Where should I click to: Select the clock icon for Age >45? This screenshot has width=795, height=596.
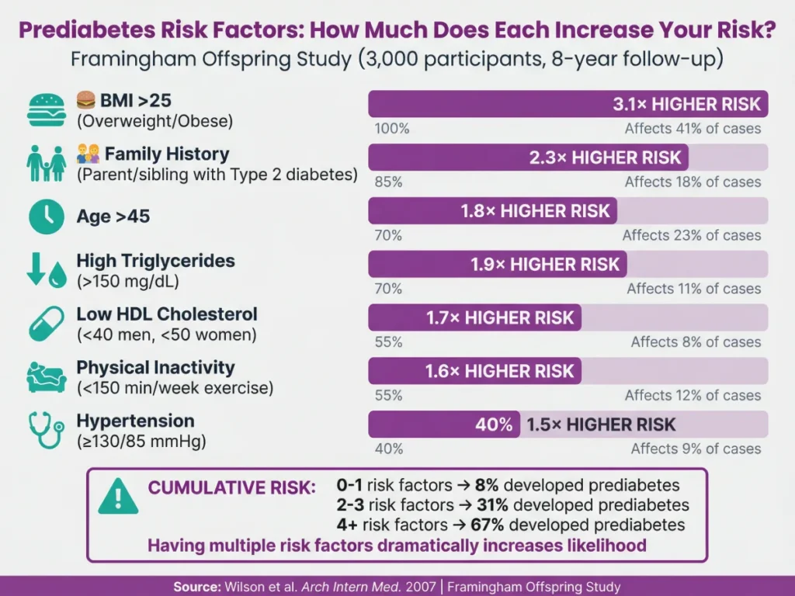pyautogui.click(x=46, y=217)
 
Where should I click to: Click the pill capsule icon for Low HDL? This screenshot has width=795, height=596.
pyautogui.click(x=46, y=324)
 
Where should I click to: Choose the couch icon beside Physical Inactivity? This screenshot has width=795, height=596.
pyautogui.click(x=46, y=376)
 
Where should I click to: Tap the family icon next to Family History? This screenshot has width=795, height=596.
pyautogui.click(x=46, y=163)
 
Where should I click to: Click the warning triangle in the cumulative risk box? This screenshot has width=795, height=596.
pyautogui.click(x=118, y=497)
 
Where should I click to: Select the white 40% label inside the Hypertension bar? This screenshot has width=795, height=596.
pyautogui.click(x=494, y=424)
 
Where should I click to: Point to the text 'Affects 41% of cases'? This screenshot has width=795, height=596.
pyautogui.click(x=693, y=129)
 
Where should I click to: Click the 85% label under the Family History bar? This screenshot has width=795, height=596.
pyautogui.click(x=388, y=182)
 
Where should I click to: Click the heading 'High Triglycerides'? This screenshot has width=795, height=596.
pyautogui.click(x=155, y=261)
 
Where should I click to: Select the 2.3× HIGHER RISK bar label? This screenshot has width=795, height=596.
pyautogui.click(x=605, y=158)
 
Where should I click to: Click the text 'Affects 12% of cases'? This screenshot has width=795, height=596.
pyautogui.click(x=693, y=395)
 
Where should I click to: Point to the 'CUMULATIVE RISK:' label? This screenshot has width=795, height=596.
pyautogui.click(x=232, y=488)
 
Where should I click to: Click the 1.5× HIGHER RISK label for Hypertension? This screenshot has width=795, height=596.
pyautogui.click(x=601, y=424)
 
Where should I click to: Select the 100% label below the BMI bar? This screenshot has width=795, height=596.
pyautogui.click(x=391, y=129)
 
